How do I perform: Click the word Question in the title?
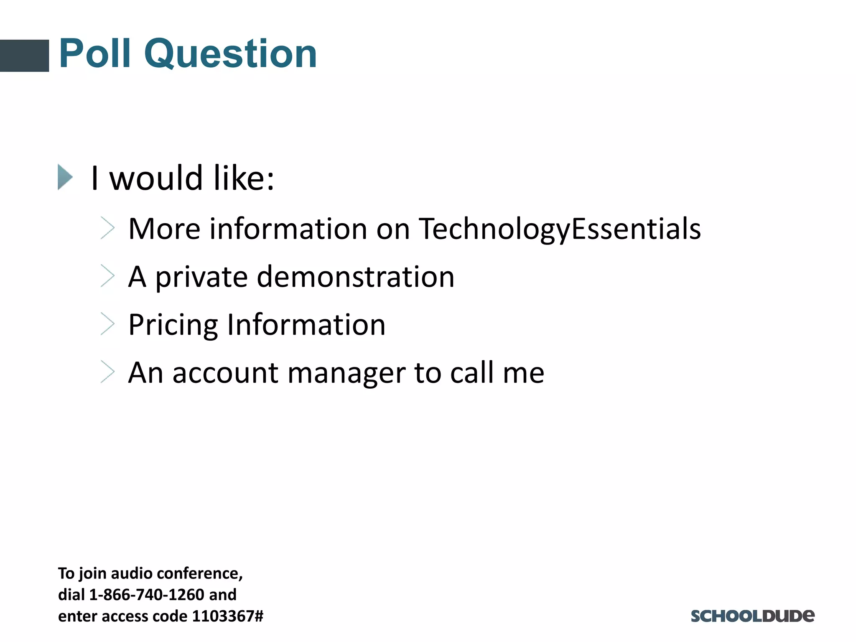click(230, 54)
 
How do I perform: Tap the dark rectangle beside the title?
click(24, 56)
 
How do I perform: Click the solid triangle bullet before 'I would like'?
click(65, 177)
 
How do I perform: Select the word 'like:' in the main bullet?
click(244, 178)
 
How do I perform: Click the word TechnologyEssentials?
click(560, 229)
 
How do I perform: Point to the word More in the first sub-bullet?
click(164, 229)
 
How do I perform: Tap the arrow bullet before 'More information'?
click(107, 228)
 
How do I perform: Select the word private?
click(201, 278)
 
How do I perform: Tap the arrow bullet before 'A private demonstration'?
click(107, 276)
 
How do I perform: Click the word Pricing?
click(173, 325)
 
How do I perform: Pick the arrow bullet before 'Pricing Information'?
click(107, 324)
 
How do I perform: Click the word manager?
click(346, 373)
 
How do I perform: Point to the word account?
click(225, 373)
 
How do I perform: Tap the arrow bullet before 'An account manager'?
click(107, 372)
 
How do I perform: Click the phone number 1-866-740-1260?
click(147, 594)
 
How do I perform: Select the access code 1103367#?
click(227, 616)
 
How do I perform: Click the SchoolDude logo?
click(752, 616)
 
